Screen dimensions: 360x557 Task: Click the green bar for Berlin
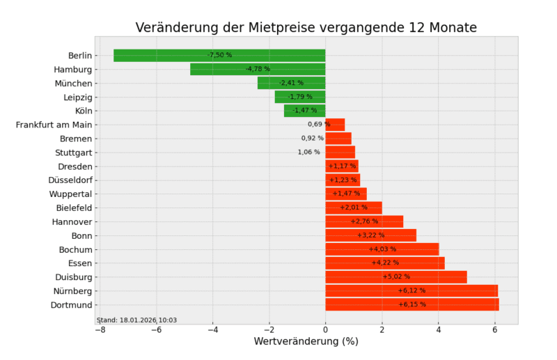coord(167,55)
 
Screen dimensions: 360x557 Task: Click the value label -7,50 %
coord(219,55)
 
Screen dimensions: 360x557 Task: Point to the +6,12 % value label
coord(411,290)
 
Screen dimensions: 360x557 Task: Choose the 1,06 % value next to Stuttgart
coord(308,152)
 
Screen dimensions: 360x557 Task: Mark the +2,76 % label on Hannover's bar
coord(364,221)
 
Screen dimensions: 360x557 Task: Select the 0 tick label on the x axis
coord(325,330)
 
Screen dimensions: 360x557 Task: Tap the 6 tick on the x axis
coord(495,330)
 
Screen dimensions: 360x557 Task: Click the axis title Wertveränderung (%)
coord(306,342)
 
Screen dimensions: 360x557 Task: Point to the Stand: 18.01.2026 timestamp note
coord(136,320)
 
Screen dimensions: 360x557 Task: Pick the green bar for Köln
coord(304,111)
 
